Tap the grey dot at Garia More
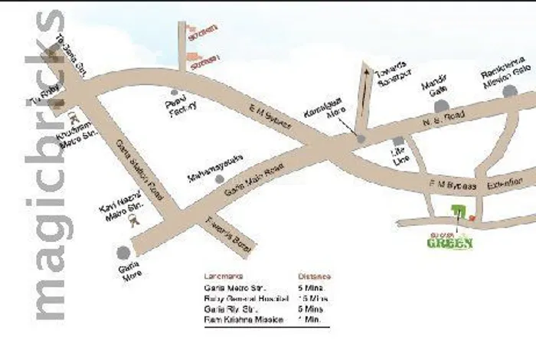[x=123, y=251]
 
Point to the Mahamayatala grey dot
[x=221, y=179]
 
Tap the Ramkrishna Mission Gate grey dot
[x=510, y=92]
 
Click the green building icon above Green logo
[x=457, y=211]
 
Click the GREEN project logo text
[x=449, y=243]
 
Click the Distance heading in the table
[x=314, y=275]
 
